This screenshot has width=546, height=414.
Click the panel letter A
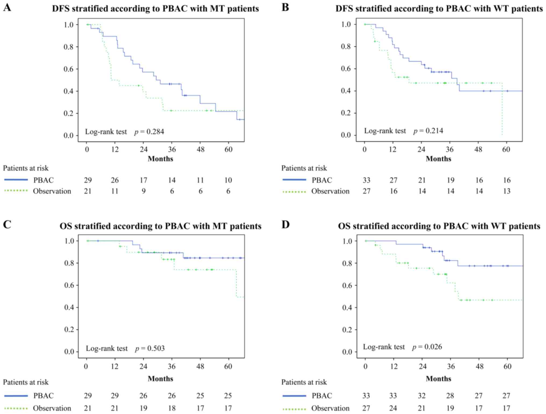point(7,8)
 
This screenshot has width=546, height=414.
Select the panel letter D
point(286,224)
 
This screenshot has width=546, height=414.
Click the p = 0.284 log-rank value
point(149,132)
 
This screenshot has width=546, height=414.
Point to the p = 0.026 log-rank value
point(427,347)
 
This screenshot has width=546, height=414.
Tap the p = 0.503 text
point(150,348)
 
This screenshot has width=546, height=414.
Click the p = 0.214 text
point(428,131)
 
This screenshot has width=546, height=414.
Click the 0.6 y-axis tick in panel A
point(69,69)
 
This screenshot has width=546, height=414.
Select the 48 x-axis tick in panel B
point(478,149)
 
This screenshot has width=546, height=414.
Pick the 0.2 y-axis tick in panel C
point(69,330)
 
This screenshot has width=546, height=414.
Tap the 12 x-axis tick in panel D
point(394,366)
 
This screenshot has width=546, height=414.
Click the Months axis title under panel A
point(160,159)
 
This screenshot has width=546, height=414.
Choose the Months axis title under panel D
point(438,379)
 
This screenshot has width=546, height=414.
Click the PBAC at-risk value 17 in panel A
point(143,180)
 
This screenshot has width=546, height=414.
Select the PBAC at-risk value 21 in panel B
point(422,180)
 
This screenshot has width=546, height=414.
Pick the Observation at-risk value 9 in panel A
point(144,191)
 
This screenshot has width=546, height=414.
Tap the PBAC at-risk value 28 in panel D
point(450,396)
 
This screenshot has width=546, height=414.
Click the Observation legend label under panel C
point(52,408)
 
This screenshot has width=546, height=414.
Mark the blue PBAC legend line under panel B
point(294,180)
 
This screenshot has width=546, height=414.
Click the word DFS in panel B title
point(344,9)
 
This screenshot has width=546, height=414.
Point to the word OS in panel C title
point(66,226)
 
